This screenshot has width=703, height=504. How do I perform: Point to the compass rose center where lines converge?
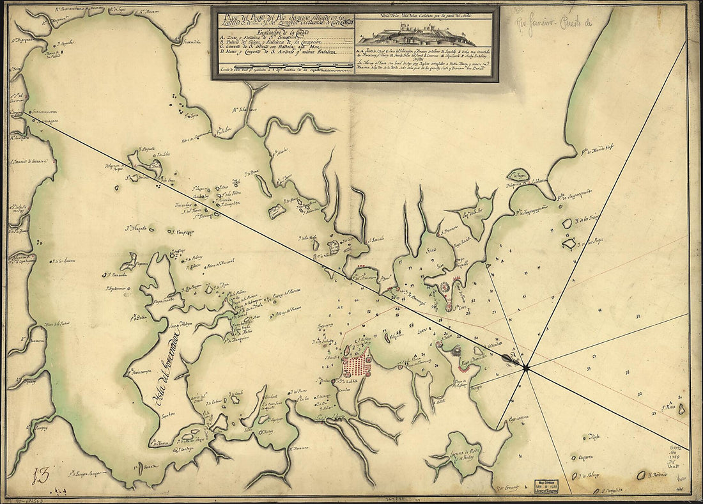pyautogui.click(x=525, y=367)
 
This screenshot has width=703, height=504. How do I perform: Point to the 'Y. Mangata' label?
pyautogui.click(x=140, y=227)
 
